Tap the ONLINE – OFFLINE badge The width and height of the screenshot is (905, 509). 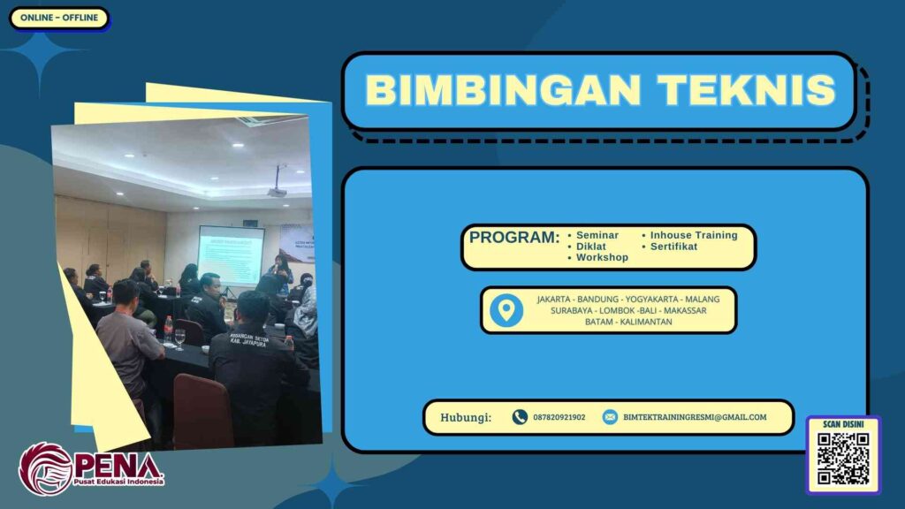click(x=58, y=18)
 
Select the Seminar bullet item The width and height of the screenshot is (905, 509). click(x=597, y=235)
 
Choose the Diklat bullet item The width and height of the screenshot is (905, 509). click(x=591, y=247)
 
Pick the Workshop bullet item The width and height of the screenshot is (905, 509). click(x=602, y=258)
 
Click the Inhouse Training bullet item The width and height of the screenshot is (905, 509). click(x=694, y=235)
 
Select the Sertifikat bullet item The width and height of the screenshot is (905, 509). click(x=673, y=247)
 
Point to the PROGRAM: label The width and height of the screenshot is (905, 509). click(x=514, y=238)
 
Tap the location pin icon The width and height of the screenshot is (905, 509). click(x=506, y=310)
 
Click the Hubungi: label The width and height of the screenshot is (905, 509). click(x=466, y=417)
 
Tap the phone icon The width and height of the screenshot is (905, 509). click(x=520, y=417)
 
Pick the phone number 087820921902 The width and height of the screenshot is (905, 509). click(x=559, y=417)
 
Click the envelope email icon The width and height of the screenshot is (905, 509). click(x=610, y=417)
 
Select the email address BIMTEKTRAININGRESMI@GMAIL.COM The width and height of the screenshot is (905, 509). click(x=695, y=417)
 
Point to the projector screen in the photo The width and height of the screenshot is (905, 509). click(x=231, y=255)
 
